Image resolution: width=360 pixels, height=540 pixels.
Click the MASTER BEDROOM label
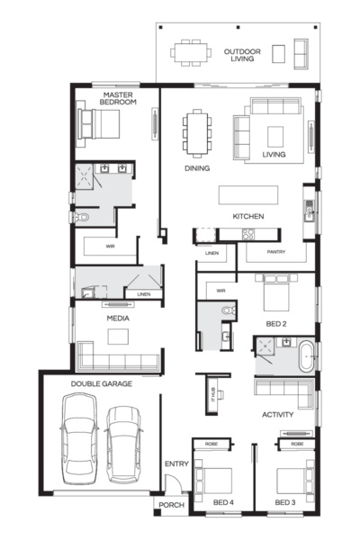click(118, 98)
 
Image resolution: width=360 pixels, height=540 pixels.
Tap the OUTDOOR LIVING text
click(242, 55)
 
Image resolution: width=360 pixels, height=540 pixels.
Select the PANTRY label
click(276, 252)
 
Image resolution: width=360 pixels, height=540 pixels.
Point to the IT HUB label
click(213, 394)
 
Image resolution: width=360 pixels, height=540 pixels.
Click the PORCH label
click(171, 505)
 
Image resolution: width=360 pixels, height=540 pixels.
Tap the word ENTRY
click(176, 463)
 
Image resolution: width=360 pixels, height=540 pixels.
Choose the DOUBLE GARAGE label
click(102, 383)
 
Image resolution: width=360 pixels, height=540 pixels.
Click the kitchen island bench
click(248, 195)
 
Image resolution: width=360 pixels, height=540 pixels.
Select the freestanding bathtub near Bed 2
click(306, 356)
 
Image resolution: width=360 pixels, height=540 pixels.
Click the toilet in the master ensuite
click(81, 217)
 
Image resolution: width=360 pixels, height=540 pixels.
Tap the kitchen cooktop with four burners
click(248, 234)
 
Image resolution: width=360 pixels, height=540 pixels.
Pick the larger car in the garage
click(79, 439)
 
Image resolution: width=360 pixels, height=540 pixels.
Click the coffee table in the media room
click(118, 337)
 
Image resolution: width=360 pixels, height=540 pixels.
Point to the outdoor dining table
click(191, 53)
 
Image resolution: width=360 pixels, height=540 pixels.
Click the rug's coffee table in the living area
click(275, 137)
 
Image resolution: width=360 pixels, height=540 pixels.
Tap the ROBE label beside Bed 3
click(297, 444)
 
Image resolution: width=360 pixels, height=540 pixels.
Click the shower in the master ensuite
click(84, 175)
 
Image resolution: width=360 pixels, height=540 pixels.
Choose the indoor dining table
click(197, 133)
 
